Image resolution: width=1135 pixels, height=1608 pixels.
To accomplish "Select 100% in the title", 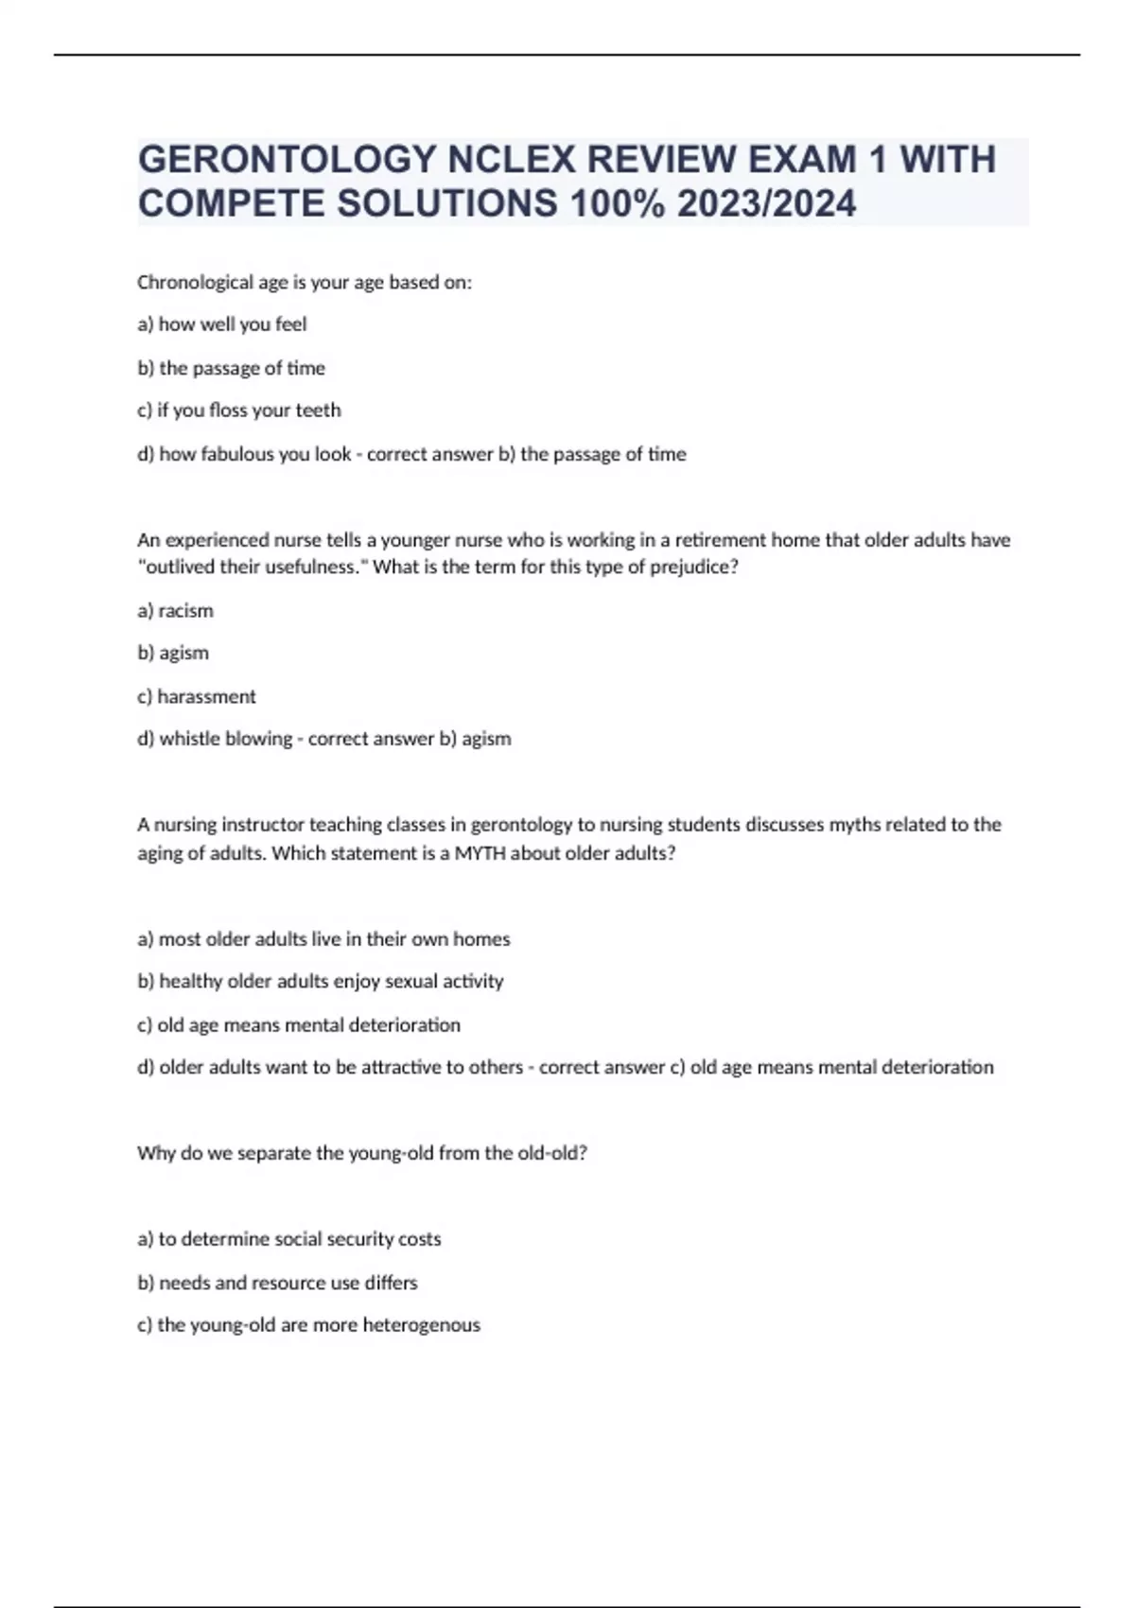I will coord(615,203).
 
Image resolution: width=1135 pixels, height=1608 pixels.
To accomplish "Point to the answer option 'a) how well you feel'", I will coord(222,324).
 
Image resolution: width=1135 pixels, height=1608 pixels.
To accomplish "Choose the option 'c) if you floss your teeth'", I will coord(239,411).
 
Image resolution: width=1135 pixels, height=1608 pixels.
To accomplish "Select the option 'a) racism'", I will coord(176,611).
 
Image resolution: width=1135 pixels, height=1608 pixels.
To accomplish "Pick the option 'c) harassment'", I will coord(197,697).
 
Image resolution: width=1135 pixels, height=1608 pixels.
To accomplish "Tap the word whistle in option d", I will coord(191,739).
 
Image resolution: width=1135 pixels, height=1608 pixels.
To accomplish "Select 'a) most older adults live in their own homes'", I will coord(323,939).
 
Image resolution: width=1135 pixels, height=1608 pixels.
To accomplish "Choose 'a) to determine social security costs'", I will coord(289,1239).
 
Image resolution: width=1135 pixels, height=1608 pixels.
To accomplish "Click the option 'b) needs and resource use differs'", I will coord(277,1283).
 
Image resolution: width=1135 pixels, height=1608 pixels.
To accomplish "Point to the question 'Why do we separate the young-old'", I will coord(362,1153).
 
